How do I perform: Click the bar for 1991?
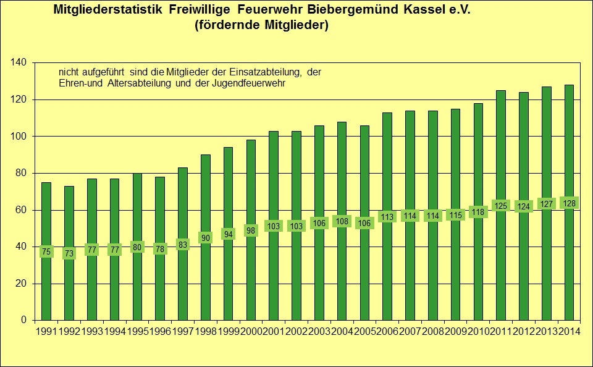pyautogui.click(x=46, y=278)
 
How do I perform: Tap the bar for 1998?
pyautogui.click(x=205, y=278)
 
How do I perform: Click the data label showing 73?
pyautogui.click(x=69, y=253)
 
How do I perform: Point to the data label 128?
pyautogui.click(x=569, y=203)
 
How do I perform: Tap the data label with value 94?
pyautogui.click(x=228, y=235)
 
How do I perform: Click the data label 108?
pyautogui.click(x=342, y=221)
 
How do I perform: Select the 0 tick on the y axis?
pyautogui.click(x=24, y=321)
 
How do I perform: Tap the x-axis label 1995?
pyautogui.click(x=137, y=331)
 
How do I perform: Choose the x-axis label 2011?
pyautogui.click(x=501, y=331)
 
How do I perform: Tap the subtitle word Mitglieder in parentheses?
pyautogui.click(x=292, y=25)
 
